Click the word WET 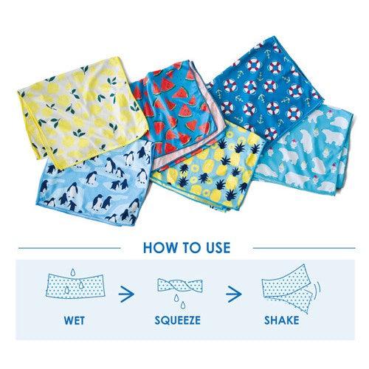pos(75,320)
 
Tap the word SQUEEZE pos(177,320)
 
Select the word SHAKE pos(282,320)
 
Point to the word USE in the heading pos(218,248)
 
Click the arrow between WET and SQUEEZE pos(126,294)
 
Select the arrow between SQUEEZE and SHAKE pos(234,294)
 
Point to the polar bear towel pos(305,153)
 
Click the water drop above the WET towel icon pos(73,272)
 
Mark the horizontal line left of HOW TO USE pos(69,248)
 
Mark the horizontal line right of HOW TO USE pos(304,248)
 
